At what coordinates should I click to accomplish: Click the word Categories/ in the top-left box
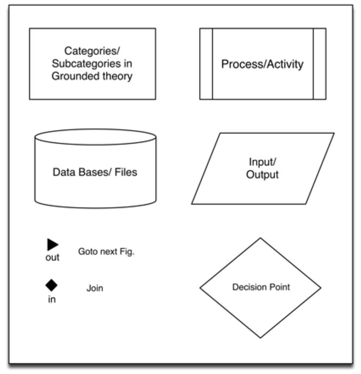92,51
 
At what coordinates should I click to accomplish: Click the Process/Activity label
263,64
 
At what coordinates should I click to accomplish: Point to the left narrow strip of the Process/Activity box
206,64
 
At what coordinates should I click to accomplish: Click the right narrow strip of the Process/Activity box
319,64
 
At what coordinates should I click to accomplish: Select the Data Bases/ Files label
95,172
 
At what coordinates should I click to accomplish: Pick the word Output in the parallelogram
263,175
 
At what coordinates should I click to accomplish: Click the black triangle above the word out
53,244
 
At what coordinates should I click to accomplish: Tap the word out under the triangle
53,257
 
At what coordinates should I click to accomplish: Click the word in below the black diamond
52,300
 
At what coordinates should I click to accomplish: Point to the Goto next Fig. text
106,251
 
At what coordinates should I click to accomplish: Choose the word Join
95,289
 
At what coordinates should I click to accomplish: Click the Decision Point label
261,287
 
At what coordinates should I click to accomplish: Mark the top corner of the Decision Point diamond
260,239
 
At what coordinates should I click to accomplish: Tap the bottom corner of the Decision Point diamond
260,337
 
